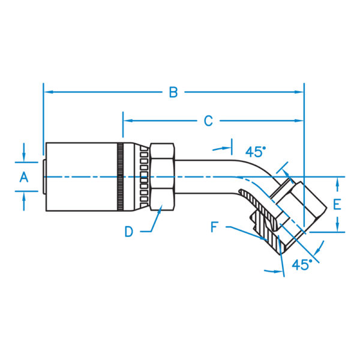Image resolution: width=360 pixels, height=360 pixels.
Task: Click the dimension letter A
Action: [24, 176]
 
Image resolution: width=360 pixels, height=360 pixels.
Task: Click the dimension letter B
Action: [173, 92]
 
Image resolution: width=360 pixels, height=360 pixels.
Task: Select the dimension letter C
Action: [208, 121]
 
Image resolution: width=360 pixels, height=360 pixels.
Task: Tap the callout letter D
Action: [129, 232]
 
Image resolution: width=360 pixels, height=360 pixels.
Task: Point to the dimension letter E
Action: [337, 204]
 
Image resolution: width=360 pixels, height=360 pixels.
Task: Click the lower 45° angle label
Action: [302, 264]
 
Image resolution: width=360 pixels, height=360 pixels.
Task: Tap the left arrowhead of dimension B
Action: [48, 92]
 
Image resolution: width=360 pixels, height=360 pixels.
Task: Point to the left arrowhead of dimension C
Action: [127, 121]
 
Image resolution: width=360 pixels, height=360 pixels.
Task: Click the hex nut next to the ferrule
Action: [162, 176]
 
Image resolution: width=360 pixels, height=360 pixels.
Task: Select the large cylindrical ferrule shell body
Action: [81, 176]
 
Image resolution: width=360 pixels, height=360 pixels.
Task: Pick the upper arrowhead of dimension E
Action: [340, 181]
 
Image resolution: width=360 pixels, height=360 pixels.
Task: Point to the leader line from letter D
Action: [155, 222]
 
